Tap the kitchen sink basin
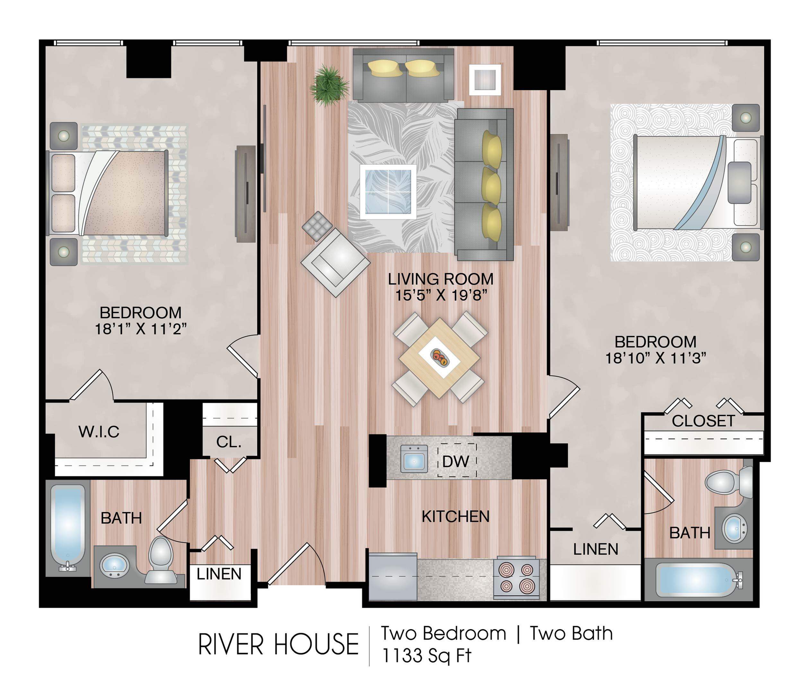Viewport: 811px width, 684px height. [x=414, y=459]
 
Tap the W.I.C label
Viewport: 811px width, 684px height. [x=99, y=432]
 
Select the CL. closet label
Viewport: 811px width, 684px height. [x=229, y=442]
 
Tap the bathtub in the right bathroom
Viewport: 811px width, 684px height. [x=699, y=580]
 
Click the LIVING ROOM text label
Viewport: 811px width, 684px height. [x=441, y=279]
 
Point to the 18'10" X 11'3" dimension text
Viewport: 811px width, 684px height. [x=656, y=358]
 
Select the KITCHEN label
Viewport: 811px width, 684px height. [x=456, y=517]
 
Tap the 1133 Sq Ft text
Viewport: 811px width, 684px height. [x=426, y=656]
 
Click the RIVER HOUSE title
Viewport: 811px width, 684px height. [x=278, y=645]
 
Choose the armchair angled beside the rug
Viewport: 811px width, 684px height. [x=336, y=262]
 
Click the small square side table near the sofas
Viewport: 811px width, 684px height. [x=485, y=80]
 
